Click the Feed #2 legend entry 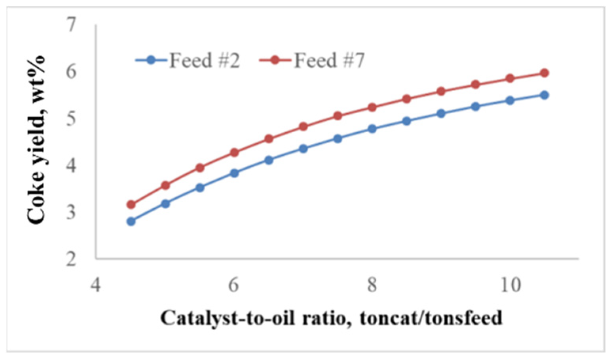pyautogui.click(x=188, y=61)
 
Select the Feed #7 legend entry pyautogui.click(x=313, y=61)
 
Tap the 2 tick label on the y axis pyautogui.click(x=71, y=259)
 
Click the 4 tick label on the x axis pyautogui.click(x=95, y=285)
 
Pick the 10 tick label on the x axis pyautogui.click(x=510, y=285)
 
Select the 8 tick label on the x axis pyautogui.click(x=372, y=285)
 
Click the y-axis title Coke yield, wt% pyautogui.click(x=36, y=141)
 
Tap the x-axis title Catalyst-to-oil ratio pyautogui.click(x=331, y=318)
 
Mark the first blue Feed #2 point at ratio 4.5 pyautogui.click(x=131, y=221)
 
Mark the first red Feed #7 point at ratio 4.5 pyautogui.click(x=131, y=205)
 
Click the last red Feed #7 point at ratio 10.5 pyautogui.click(x=544, y=73)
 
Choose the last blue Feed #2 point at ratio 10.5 pyautogui.click(x=544, y=95)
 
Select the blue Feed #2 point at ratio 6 pyautogui.click(x=234, y=173)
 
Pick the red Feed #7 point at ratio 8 pyautogui.click(x=372, y=107)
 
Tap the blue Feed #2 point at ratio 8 pyautogui.click(x=372, y=129)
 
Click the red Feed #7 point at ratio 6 pyautogui.click(x=234, y=152)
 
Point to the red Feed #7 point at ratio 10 pyautogui.click(x=510, y=78)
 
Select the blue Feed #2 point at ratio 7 pyautogui.click(x=303, y=149)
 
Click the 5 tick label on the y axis pyautogui.click(x=71, y=119)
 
